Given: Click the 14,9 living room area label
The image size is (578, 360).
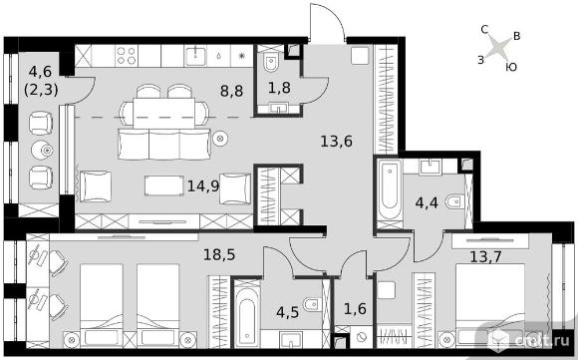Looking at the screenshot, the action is [203, 185].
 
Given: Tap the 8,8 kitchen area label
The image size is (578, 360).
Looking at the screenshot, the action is [231, 91].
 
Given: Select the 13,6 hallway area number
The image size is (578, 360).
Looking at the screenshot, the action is [336, 141].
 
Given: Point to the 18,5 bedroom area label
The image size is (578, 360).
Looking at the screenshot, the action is [219, 254].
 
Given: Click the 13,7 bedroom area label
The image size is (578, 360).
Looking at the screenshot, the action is [485, 256].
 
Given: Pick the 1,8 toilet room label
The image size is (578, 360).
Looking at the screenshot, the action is [279, 88].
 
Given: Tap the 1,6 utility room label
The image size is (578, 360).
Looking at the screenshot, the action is [355, 309].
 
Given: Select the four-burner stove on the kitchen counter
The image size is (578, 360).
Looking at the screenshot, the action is [127, 56].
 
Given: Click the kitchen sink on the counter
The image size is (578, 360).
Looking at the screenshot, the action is [195, 56].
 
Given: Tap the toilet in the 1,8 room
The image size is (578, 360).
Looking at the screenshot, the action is [272, 63].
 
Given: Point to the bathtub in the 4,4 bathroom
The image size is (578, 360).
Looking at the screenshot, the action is [390, 188].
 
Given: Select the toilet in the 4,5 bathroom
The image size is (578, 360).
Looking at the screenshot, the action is [312, 305].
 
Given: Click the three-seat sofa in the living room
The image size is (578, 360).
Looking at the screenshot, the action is [164, 145].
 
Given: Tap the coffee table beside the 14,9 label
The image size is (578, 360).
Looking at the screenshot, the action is [164, 185].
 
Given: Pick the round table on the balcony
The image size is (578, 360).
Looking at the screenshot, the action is [43, 150].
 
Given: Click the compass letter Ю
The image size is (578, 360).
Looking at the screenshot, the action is [511, 67].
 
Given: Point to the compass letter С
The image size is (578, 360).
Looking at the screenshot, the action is [484, 29].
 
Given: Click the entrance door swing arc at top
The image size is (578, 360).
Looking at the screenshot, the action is [334, 15].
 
